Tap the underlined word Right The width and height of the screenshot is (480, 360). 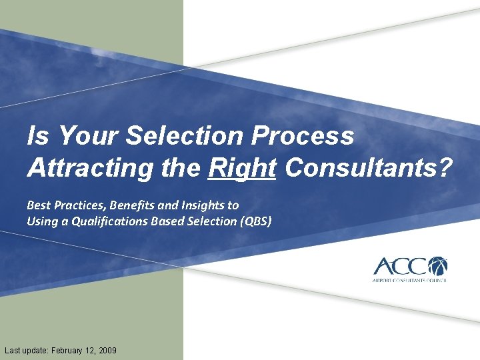(241, 167)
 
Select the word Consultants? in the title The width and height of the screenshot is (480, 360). (367, 167)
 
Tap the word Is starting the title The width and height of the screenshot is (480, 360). (37, 136)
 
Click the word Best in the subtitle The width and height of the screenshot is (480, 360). (38, 205)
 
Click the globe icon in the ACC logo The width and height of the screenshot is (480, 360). (437, 266)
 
